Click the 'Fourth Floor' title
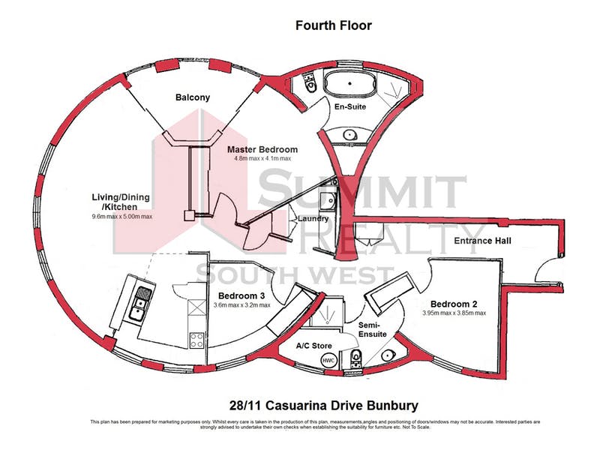(333, 25)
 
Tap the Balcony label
(193, 97)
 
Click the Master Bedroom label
(262, 149)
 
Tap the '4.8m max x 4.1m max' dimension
(262, 159)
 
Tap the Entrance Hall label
(483, 241)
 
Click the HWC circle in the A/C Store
(328, 361)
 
